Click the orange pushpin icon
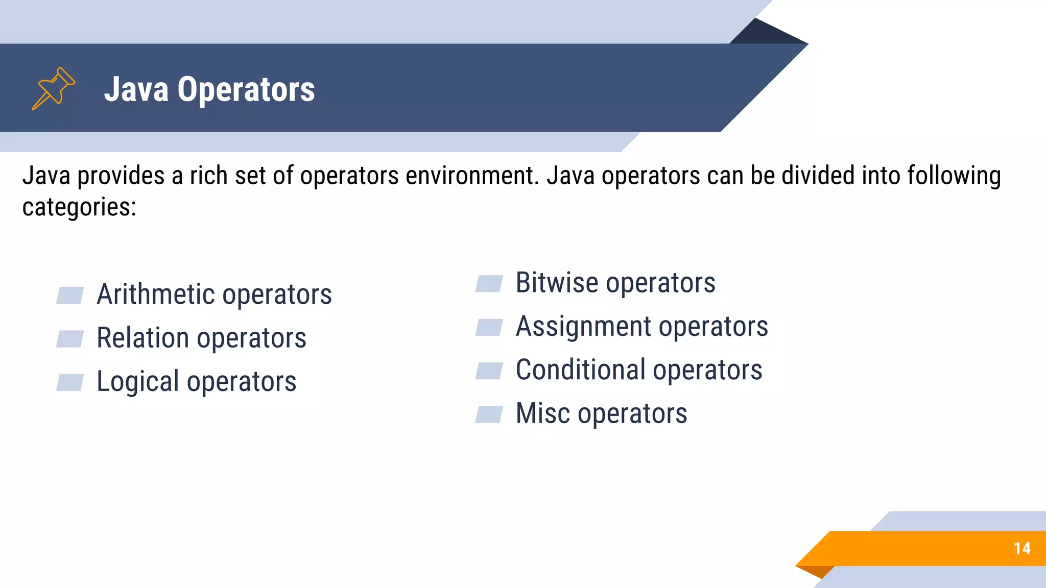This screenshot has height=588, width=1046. [53, 88]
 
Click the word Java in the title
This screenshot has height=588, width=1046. [136, 89]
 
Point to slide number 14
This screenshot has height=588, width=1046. [1022, 549]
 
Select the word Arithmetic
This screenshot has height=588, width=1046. [156, 295]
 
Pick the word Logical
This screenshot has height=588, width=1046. [138, 382]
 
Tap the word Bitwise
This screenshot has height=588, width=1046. [557, 283]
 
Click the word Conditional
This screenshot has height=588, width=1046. [581, 370]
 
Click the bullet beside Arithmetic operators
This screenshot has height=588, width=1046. [70, 296]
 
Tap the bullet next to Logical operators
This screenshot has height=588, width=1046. [70, 382]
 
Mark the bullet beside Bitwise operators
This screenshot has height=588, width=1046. [489, 284]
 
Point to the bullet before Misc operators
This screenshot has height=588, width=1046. [489, 414]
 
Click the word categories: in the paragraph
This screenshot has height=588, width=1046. [79, 207]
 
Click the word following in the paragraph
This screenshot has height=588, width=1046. [954, 176]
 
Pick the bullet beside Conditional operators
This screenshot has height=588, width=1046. [489, 371]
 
